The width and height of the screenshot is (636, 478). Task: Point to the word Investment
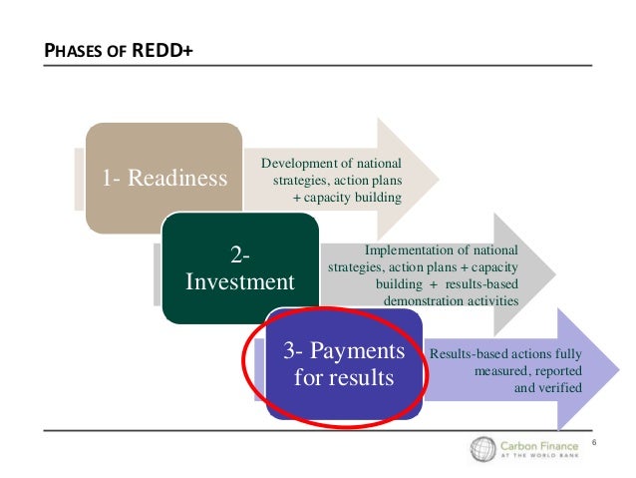pyautogui.click(x=240, y=281)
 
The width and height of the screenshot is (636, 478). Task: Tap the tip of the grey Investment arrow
pyautogui.click(x=554, y=272)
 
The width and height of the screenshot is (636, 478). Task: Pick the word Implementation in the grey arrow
pyautogui.click(x=409, y=250)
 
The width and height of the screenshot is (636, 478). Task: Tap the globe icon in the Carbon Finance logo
pyautogui.click(x=484, y=450)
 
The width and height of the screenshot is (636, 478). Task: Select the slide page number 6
pyautogui.click(x=594, y=441)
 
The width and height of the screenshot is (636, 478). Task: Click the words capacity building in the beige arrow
pyautogui.click(x=358, y=198)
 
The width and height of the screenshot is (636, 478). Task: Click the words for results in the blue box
pyautogui.click(x=344, y=379)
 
